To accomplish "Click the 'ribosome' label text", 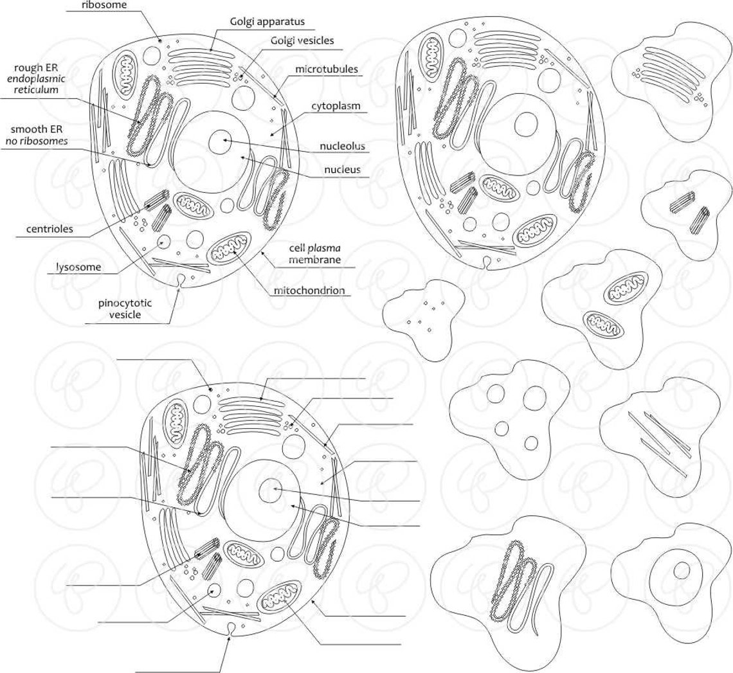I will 104,6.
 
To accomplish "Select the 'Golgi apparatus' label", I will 267,21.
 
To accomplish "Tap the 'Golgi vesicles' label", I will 302,40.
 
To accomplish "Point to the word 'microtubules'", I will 327,69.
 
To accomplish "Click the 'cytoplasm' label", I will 336,105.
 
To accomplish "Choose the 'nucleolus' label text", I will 342,146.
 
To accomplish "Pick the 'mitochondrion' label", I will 309,291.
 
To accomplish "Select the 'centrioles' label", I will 50,229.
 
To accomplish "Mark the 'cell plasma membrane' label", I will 314,255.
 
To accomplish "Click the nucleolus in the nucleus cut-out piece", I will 681,571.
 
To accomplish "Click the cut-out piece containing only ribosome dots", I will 421,316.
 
